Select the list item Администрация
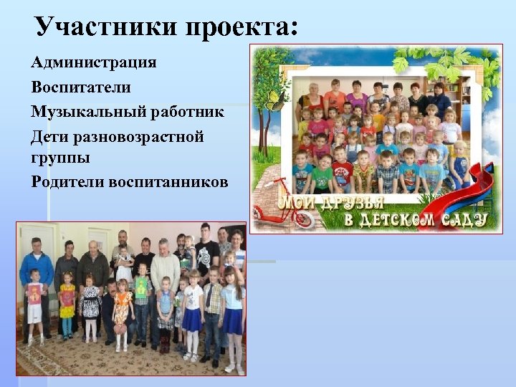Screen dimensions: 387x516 (94, 62)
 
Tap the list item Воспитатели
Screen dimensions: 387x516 (81, 87)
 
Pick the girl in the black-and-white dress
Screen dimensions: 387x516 (90, 305)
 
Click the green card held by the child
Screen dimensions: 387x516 (141, 287)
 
